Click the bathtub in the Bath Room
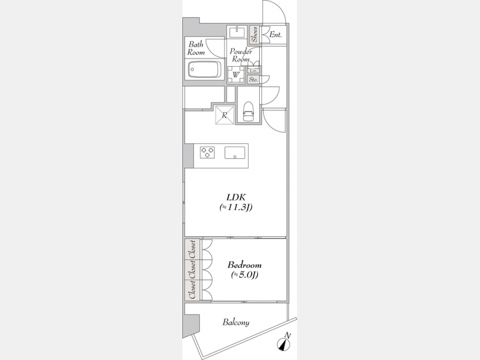click(204, 69)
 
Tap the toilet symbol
click(248, 111)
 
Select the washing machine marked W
click(236, 75)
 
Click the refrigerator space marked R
click(225, 115)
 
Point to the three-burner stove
click(207, 152)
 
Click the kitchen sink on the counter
click(235, 153)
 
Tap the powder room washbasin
click(237, 31)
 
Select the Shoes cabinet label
click(254, 34)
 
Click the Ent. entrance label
click(276, 35)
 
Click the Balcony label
click(236, 322)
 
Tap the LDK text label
click(236, 197)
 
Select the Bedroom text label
click(244, 265)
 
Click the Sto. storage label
click(253, 79)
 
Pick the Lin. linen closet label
click(253, 70)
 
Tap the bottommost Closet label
click(192, 290)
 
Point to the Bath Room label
click(196, 49)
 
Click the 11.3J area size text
click(236, 207)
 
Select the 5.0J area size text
click(244, 275)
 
